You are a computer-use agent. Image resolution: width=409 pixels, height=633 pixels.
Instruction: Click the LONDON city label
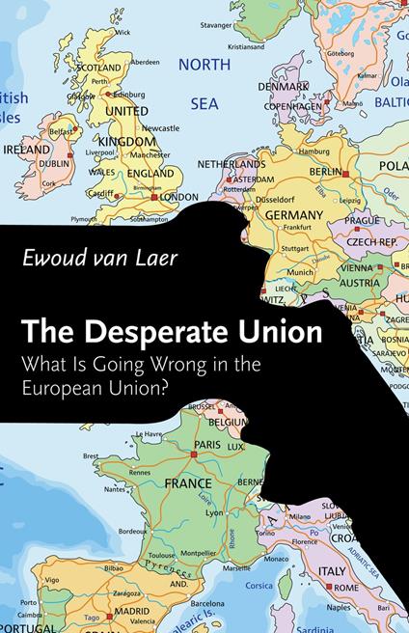pos(178,196)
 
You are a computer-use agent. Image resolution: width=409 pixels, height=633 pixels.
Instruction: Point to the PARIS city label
pos(207,445)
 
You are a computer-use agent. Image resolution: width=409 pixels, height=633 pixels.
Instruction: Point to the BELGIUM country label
pos(229,422)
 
